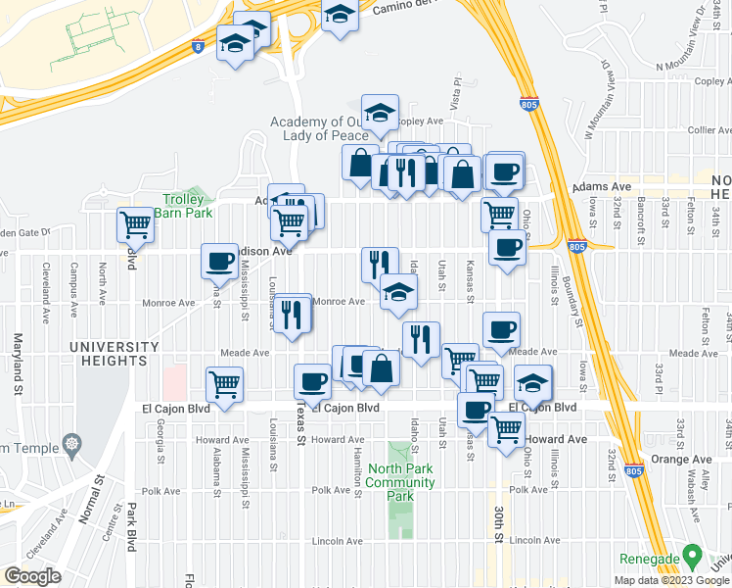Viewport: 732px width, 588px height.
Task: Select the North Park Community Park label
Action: tap(401, 482)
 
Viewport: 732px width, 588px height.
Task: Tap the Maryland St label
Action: tap(17, 363)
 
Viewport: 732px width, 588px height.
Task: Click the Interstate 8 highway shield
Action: tap(200, 45)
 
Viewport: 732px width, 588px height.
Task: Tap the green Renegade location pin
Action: tap(693, 555)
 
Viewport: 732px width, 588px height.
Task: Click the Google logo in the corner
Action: tap(32, 575)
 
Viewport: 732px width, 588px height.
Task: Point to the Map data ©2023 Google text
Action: tap(671, 580)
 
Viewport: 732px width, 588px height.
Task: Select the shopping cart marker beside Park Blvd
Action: tap(135, 225)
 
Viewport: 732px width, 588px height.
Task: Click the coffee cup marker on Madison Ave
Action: tap(219, 261)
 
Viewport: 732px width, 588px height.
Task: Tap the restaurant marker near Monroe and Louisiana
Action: tap(292, 313)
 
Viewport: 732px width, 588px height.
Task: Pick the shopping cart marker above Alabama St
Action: tap(225, 384)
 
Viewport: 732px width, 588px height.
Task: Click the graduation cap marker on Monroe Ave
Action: tap(398, 291)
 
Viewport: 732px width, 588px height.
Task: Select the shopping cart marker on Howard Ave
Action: tap(506, 427)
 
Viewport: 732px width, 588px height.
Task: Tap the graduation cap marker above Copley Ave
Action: tap(380, 112)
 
